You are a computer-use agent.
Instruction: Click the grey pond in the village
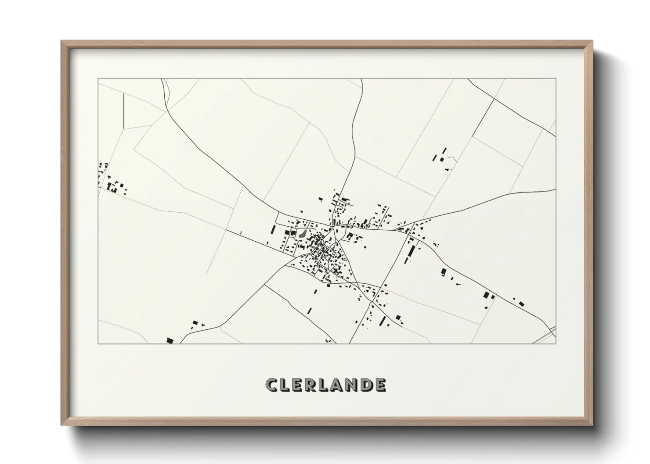pyautogui.click(x=302, y=233)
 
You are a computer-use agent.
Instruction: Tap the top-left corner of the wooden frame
pyautogui.click(x=62, y=41)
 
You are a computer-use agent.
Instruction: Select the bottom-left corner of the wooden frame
pyautogui.click(x=62, y=425)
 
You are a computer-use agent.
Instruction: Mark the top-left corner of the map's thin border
pyautogui.click(x=98, y=79)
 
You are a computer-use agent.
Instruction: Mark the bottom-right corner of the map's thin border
pyautogui.click(x=556, y=343)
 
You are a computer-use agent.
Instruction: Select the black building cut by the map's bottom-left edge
pyautogui.click(x=170, y=340)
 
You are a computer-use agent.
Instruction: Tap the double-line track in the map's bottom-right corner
pyautogui.click(x=545, y=336)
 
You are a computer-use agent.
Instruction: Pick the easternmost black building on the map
pyautogui.click(x=521, y=303)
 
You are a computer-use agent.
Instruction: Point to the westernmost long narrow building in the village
pyautogui.click(x=274, y=229)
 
